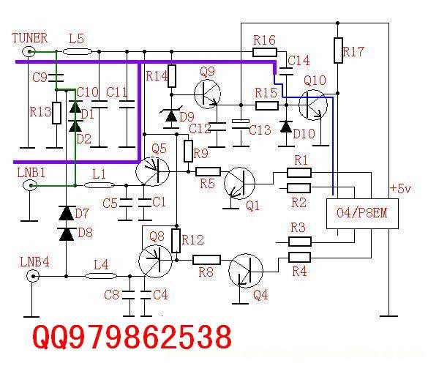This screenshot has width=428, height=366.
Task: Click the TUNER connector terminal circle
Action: pyautogui.click(x=29, y=52)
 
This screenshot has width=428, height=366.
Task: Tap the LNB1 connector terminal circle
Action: pyautogui.click(x=30, y=186)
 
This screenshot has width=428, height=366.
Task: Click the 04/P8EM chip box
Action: pyautogui.click(x=362, y=214)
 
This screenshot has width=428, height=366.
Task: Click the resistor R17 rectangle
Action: pyautogui.click(x=338, y=51)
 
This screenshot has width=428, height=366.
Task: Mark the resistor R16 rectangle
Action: pyautogui.click(x=265, y=52)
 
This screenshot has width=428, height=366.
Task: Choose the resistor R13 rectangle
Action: pyautogui.click(x=56, y=113)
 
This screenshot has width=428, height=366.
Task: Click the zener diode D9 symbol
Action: pyautogui.click(x=171, y=116)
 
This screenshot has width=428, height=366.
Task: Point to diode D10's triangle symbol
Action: pyautogui.click(x=286, y=127)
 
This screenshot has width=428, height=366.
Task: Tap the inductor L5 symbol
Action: pyautogui.click(x=78, y=51)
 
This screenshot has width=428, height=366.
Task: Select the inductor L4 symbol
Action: pyautogui.click(x=101, y=276)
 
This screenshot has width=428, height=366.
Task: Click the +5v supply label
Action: pyautogui.click(x=400, y=188)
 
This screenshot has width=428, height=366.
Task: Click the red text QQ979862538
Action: pyautogui.click(x=132, y=337)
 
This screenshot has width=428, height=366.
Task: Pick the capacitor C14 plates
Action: pyautogui.click(x=286, y=71)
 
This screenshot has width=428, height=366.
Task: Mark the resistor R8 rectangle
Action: pyautogui.click(x=206, y=260)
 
